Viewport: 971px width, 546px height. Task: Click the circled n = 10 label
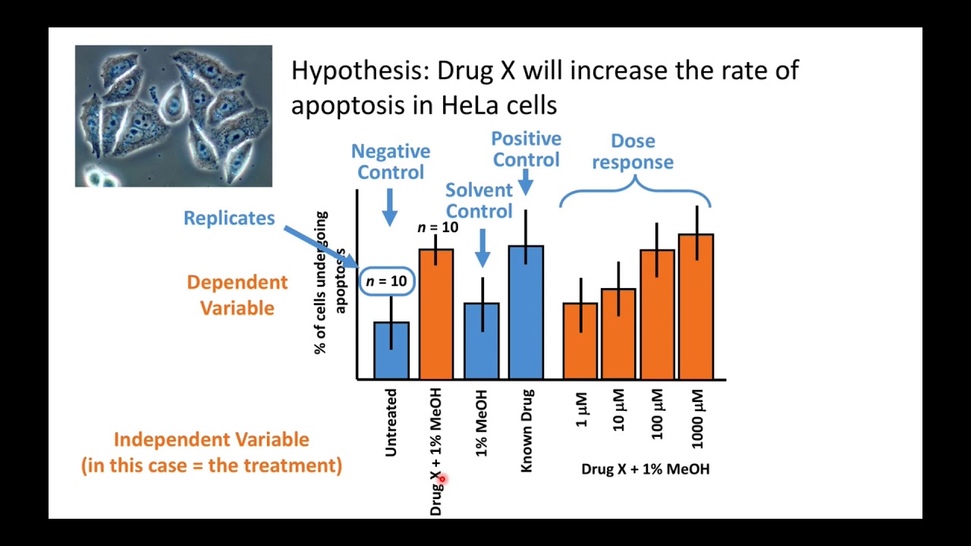[x=387, y=281]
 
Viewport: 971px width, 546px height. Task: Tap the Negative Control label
[x=391, y=162]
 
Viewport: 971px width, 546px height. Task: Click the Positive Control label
[x=526, y=149]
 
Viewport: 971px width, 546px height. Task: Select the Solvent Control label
[x=479, y=200]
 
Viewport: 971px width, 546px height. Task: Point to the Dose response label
[x=633, y=151]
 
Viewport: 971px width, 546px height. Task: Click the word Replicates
[x=229, y=218]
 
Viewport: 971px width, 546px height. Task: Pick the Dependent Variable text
[x=237, y=295]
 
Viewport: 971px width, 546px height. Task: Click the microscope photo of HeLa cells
[x=173, y=116]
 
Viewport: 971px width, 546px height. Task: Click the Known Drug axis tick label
[x=527, y=431]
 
